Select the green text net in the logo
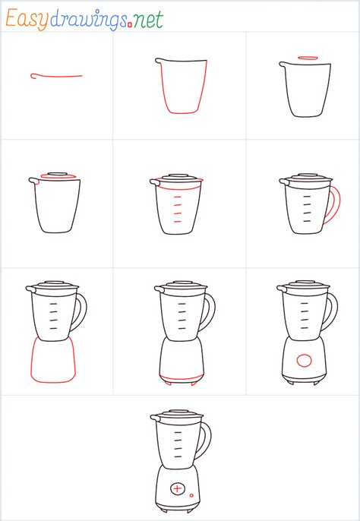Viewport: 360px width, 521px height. click(148, 20)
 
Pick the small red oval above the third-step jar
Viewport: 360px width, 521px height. click(307, 58)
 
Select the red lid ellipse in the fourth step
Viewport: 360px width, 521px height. click(57, 178)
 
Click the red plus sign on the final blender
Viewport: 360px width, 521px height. click(177, 488)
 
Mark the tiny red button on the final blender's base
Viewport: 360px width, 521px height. click(191, 495)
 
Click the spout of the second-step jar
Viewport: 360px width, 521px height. click(158, 61)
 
